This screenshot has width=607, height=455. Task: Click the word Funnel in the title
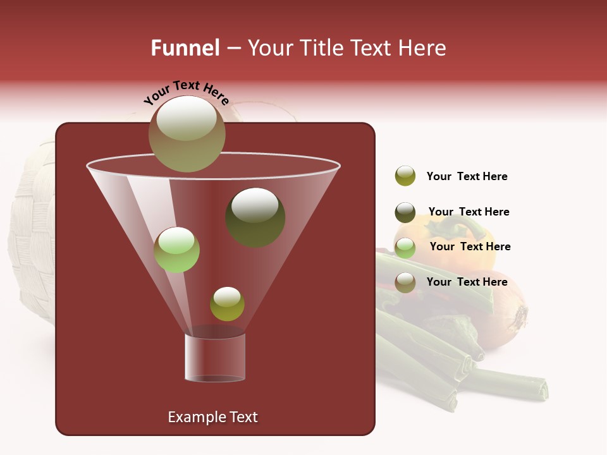pos(185,48)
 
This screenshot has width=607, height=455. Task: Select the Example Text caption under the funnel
pos(213,417)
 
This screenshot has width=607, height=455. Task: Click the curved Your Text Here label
pos(187,92)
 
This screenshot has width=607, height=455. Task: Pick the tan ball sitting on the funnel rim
pos(187,134)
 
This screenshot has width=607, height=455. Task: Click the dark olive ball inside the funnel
pos(255,217)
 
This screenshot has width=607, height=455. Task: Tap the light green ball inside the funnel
pos(177,250)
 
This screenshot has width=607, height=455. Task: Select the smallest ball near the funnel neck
pos(227,304)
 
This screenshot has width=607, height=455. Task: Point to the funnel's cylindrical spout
pos(215,358)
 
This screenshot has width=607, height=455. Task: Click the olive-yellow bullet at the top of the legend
pos(405,176)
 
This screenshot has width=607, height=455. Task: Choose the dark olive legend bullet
pos(405,212)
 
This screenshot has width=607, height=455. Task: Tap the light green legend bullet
pos(405,247)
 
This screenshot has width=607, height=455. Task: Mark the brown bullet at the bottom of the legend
pos(405,282)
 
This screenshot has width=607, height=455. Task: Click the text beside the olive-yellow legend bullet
pos(467,177)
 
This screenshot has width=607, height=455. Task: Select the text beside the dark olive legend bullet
pos(469,212)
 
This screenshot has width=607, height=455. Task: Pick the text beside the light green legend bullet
pos(470,247)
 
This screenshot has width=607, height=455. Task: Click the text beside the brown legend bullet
pos(467,282)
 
